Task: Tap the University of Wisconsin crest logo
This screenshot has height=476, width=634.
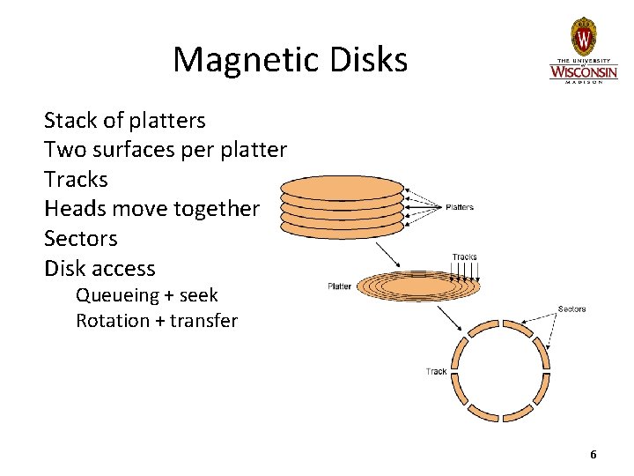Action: click(583, 36)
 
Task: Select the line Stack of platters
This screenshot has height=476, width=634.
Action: click(124, 120)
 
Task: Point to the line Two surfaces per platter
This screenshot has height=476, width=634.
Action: click(165, 150)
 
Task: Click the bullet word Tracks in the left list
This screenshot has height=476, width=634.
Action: click(76, 180)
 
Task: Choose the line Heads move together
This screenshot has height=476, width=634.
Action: click(151, 209)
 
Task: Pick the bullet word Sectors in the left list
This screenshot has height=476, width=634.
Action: click(80, 239)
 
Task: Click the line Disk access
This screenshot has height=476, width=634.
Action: click(99, 268)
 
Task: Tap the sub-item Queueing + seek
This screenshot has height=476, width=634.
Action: click(146, 295)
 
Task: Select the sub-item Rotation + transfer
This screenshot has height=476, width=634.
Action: click(156, 321)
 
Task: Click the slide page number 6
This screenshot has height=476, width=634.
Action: click(593, 455)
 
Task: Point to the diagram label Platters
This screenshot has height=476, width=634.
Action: click(460, 208)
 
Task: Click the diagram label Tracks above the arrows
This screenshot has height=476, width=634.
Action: click(464, 257)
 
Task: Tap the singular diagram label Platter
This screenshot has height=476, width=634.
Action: click(339, 286)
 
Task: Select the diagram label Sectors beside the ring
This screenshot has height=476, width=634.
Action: click(571, 309)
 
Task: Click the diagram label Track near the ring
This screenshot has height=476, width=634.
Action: click(436, 371)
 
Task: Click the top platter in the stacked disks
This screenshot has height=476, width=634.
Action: click(342, 188)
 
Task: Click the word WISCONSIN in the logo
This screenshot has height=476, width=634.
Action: click(583, 70)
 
